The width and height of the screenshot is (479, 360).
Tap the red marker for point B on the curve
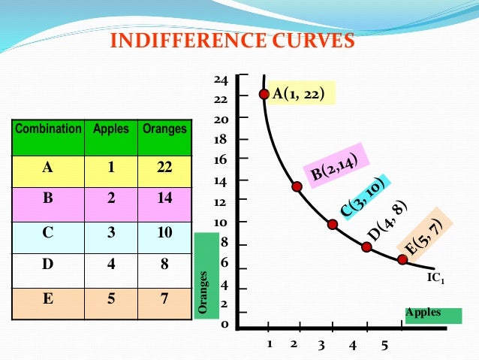tap(297, 186)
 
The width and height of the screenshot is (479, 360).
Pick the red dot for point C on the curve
tap(333, 224)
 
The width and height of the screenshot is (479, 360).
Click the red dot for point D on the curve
tap(366, 247)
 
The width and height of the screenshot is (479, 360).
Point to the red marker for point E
tap(402, 259)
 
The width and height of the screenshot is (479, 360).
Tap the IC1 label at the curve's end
tap(436, 279)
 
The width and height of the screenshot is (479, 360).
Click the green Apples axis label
tap(432, 314)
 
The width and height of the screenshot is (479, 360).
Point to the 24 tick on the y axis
tap(221, 80)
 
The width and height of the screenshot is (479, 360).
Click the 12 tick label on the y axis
tap(221, 202)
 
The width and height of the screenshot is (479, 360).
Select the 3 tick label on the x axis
tap(321, 346)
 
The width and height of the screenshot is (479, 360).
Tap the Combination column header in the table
tap(48, 129)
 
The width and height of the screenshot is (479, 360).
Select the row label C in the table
tap(48, 232)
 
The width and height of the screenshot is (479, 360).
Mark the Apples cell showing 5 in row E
tap(110, 298)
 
